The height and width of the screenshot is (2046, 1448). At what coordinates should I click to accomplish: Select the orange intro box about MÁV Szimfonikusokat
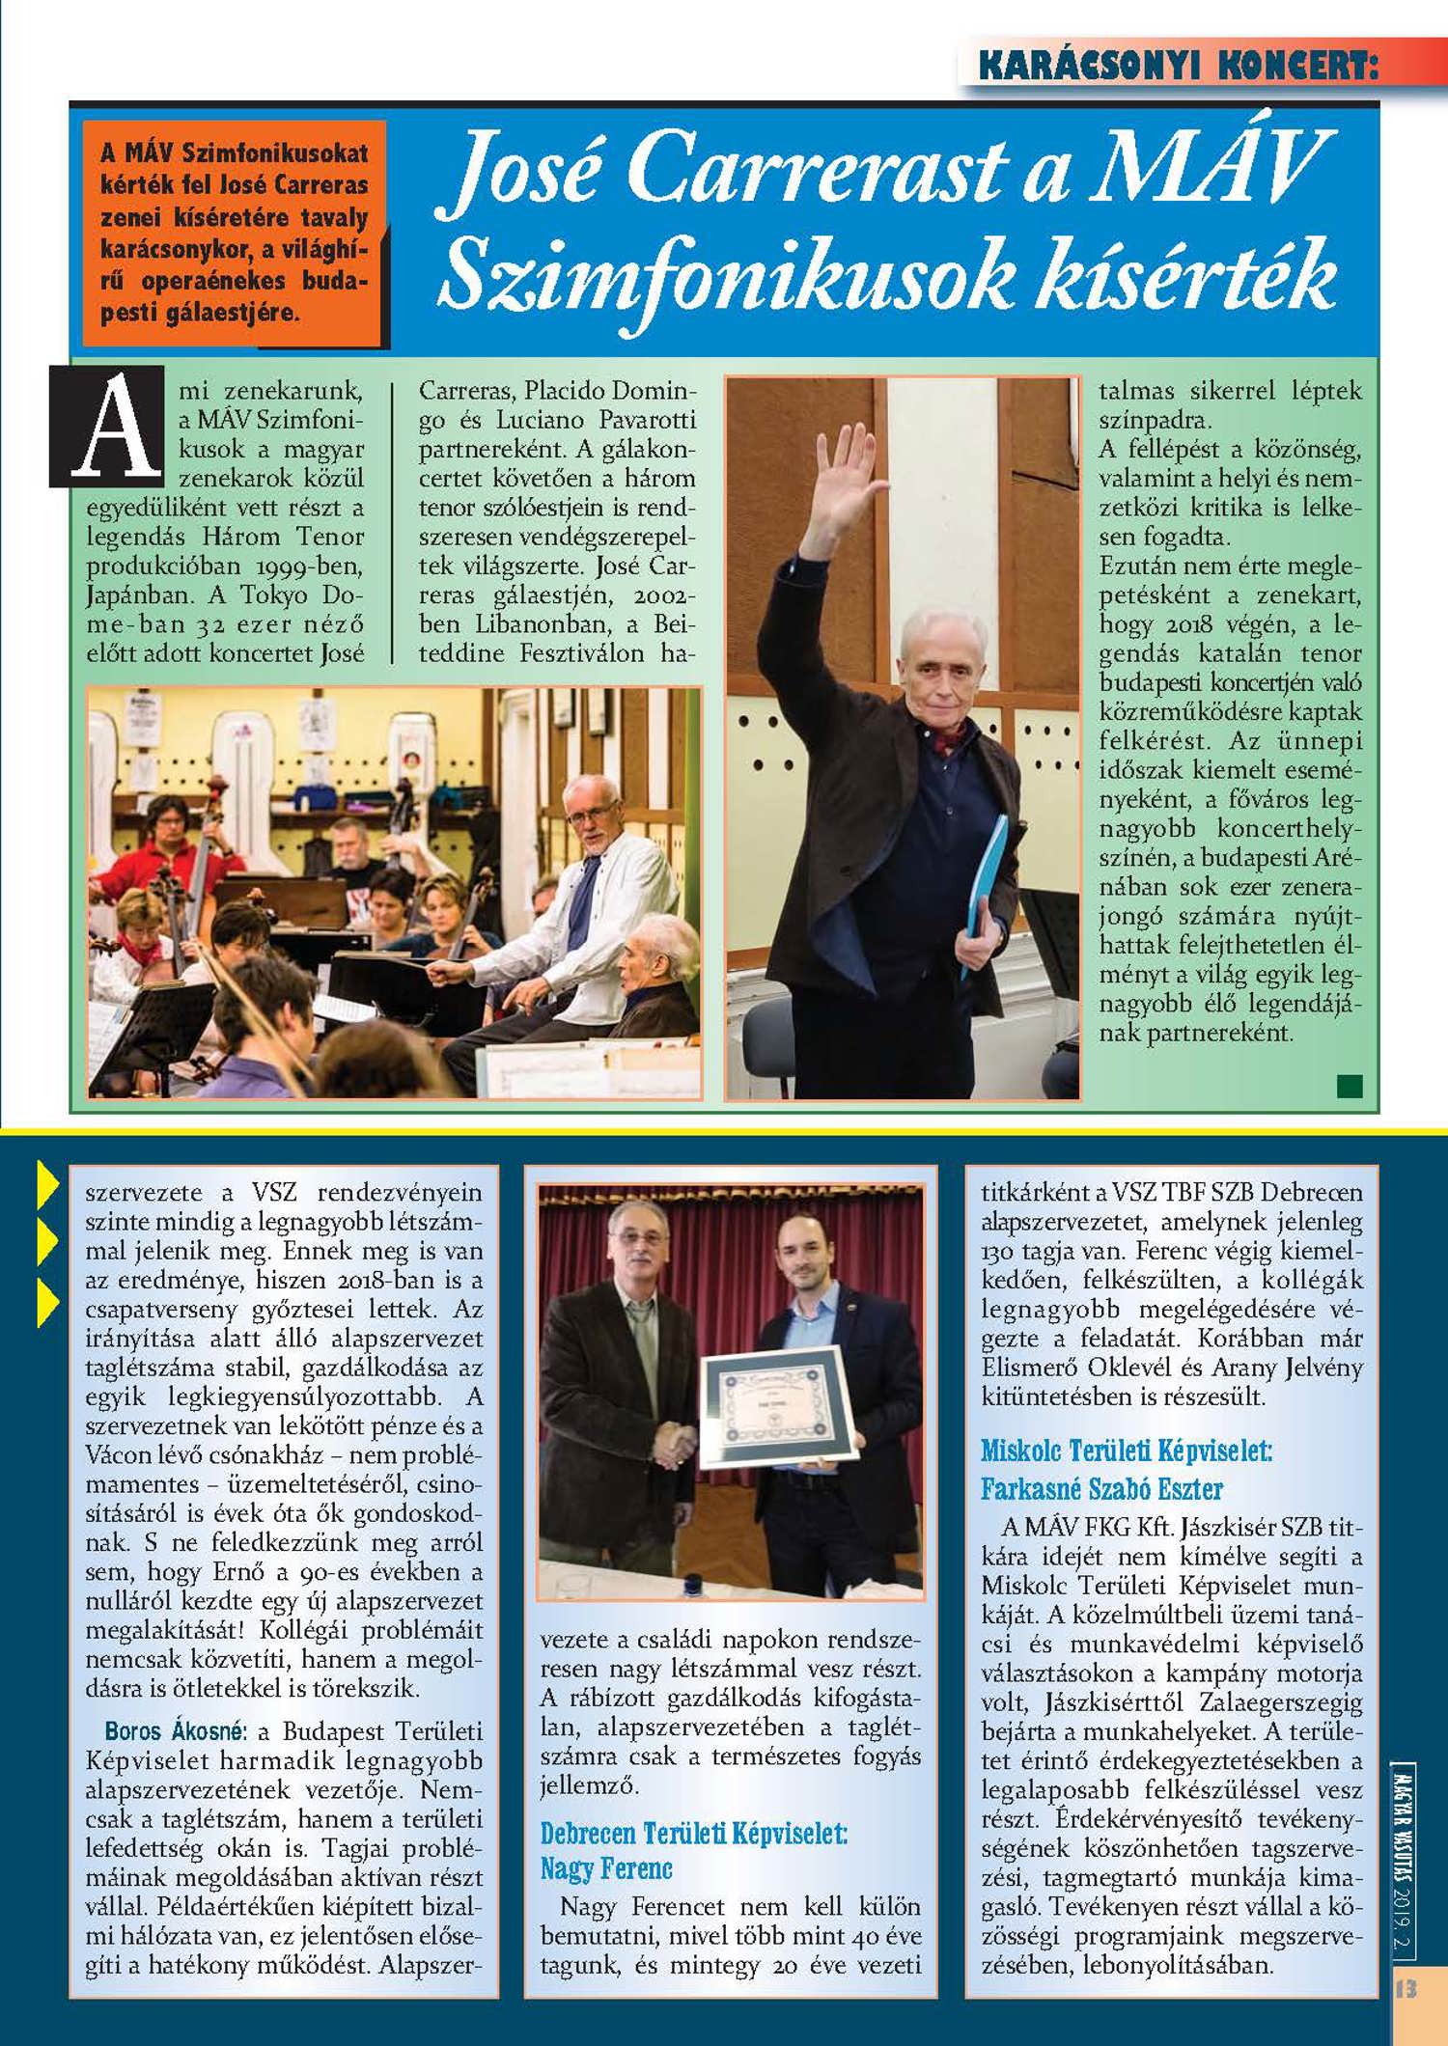[x=235, y=234]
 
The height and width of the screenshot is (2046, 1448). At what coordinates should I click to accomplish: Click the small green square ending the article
[x=1350, y=1086]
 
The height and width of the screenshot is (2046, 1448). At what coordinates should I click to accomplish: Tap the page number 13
[x=1406, y=1989]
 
